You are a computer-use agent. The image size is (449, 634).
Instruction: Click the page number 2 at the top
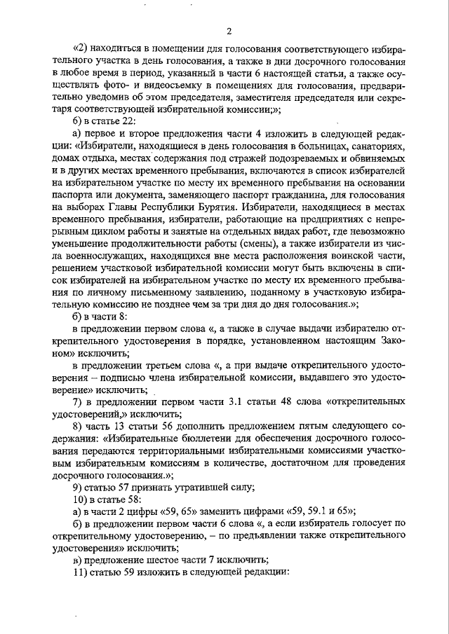[x=229, y=31]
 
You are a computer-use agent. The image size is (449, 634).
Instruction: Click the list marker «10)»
[x=81, y=499]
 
